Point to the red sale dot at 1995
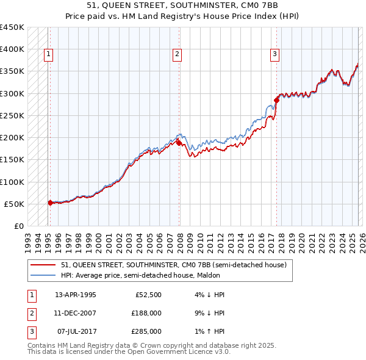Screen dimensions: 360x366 tap(50, 203)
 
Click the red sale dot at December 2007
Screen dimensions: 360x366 tap(179, 143)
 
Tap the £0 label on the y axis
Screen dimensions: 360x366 tap(18, 226)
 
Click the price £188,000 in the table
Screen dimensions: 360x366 tap(147, 313)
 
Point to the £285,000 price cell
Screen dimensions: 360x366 tap(147, 331)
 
